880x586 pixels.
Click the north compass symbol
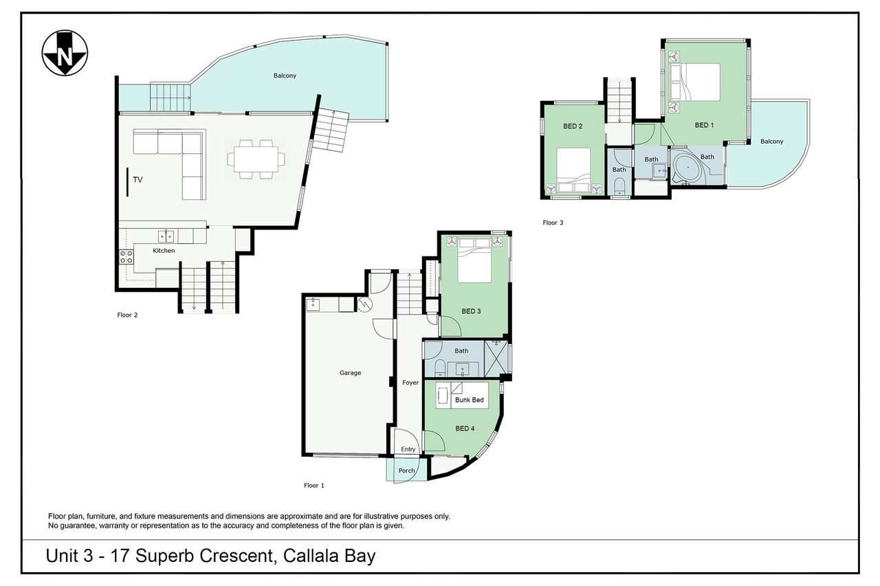pos(65,53)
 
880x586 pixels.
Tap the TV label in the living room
pos(137,180)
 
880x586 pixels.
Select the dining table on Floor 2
pos(256,159)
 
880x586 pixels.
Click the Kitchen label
pos(164,251)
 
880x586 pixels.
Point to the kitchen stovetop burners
pos(126,257)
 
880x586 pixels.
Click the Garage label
pos(350,373)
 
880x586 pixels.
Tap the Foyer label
pos(410,383)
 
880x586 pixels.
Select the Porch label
pos(406,471)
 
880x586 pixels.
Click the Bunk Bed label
pos(469,400)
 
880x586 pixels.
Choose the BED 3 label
pos(471,311)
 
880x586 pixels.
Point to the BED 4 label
pos(465,428)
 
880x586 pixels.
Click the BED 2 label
pos(573,126)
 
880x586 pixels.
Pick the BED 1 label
pos(704,125)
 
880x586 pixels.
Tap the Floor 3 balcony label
pos(771,142)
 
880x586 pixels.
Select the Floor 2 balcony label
pos(285,76)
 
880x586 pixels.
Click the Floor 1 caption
pos(314,486)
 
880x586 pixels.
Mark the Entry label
pos(408,449)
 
